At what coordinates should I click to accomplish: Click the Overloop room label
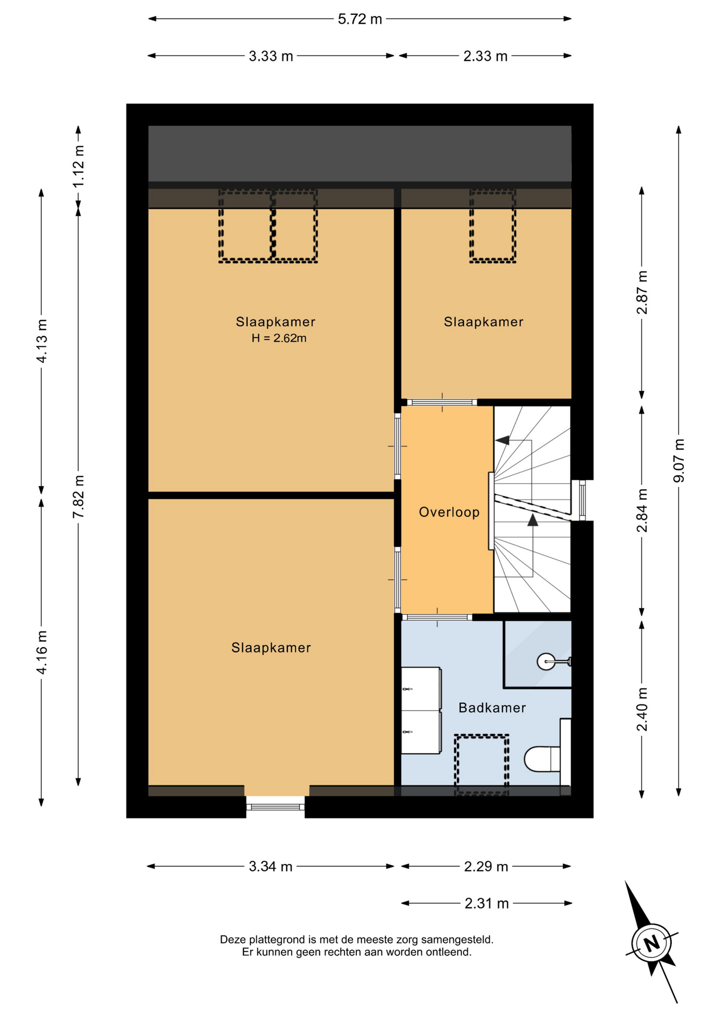click(449, 512)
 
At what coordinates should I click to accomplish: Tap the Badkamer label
click(492, 708)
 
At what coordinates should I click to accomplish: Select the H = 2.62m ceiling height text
click(279, 338)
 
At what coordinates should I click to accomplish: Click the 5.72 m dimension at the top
click(360, 19)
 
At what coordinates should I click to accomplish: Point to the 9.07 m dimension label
click(679, 461)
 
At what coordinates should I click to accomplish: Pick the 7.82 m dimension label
click(78, 497)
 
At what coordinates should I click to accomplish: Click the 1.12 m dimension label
click(78, 166)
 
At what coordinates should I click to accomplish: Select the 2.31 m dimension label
click(487, 904)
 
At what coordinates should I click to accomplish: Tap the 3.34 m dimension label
click(270, 867)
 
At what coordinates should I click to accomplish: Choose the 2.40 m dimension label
click(642, 709)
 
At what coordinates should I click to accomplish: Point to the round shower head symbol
click(546, 662)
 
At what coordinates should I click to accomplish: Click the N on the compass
click(652, 943)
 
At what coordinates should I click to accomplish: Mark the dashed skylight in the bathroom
click(481, 764)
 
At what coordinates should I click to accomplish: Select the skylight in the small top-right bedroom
click(493, 226)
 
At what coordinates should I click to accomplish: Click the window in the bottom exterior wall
click(275, 807)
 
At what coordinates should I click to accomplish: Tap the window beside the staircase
click(582, 501)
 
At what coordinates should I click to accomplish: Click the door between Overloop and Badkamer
click(437, 617)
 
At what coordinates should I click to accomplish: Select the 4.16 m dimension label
click(41, 653)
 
